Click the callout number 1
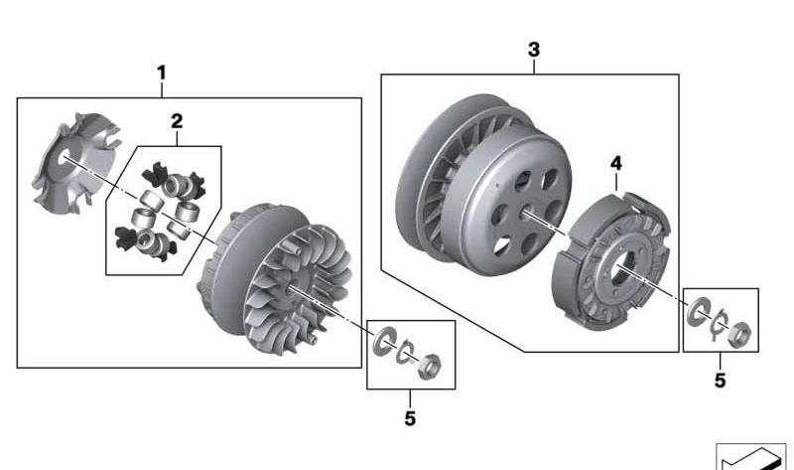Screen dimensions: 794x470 tap(161, 73)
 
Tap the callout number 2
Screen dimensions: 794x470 tap(177, 121)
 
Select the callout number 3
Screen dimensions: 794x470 tap(534, 51)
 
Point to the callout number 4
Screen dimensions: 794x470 tap(615, 164)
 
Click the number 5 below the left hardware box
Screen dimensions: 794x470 tap(410, 418)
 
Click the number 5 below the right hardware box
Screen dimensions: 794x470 tap(721, 381)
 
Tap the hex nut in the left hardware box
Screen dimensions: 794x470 tap(430, 366)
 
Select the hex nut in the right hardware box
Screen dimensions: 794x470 tap(739, 335)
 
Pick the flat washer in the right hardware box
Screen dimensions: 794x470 tap(697, 312)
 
